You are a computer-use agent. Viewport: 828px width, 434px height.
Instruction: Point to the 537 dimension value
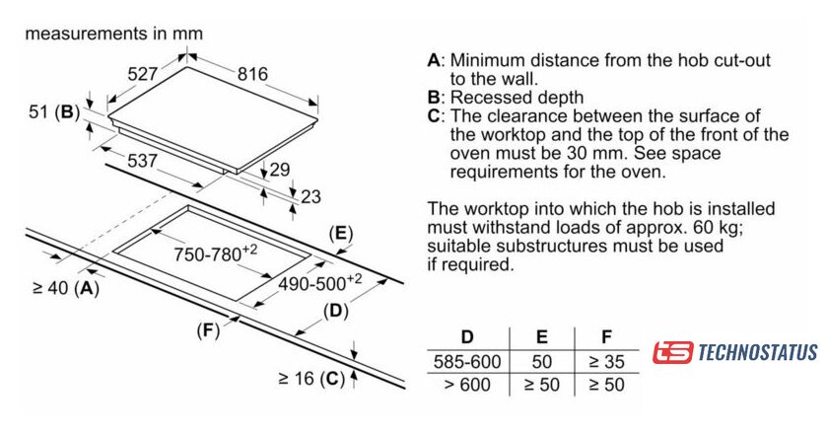[x=142, y=160]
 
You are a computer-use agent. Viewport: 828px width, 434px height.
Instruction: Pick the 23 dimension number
[x=310, y=196]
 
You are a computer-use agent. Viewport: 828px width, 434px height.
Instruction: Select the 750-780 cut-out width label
[x=215, y=253]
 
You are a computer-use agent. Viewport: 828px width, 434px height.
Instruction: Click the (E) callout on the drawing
[x=340, y=234]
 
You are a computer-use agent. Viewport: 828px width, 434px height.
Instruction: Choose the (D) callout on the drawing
[x=335, y=312]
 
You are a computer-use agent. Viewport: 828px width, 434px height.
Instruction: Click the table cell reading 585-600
[x=467, y=361]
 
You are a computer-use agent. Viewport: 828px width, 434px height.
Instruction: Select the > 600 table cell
[x=467, y=385]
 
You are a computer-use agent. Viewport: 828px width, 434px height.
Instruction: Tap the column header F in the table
[x=604, y=337]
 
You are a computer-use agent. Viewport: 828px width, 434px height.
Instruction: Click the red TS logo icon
[x=673, y=352]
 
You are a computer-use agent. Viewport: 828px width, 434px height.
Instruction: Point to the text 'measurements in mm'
[x=113, y=33]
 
